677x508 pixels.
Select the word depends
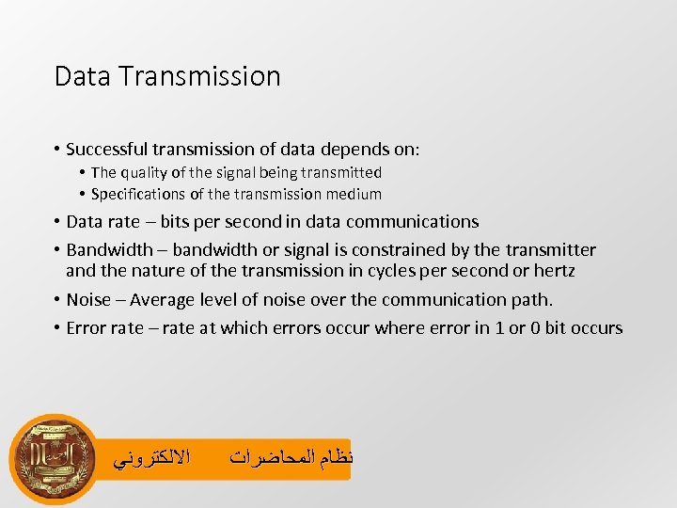pos(366,150)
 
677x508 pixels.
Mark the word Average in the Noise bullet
pos(164,300)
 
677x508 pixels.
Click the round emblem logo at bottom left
pos(54,458)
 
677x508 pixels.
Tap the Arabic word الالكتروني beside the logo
pos(151,459)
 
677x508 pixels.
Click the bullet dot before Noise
pos(57,300)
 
